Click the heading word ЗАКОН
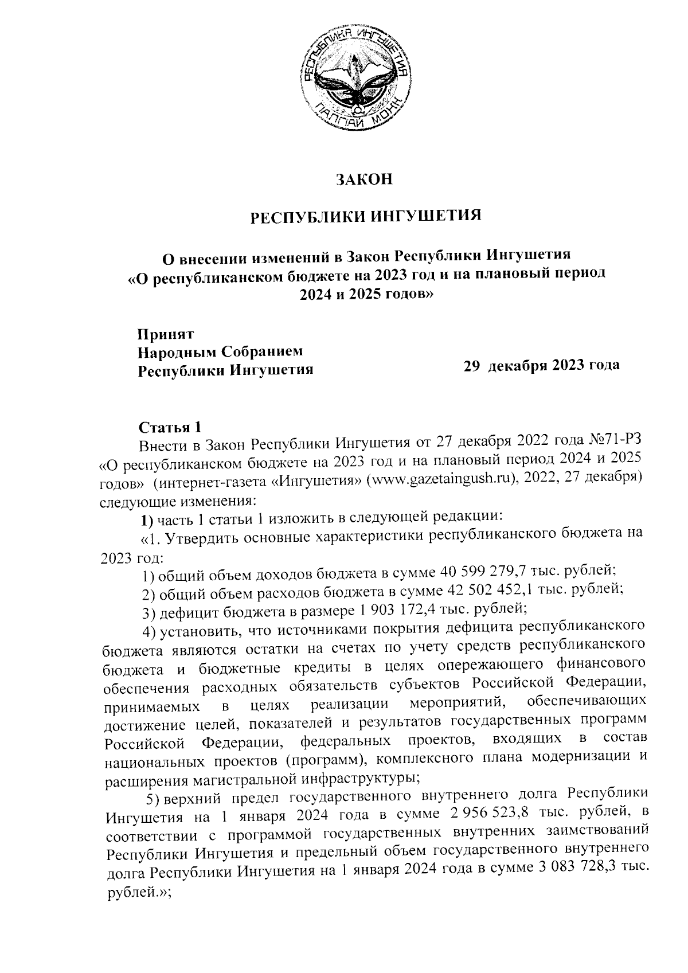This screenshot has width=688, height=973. pyautogui.click(x=365, y=179)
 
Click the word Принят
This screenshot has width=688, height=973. pyautogui.click(x=166, y=334)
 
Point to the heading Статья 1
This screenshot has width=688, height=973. pyautogui.click(x=170, y=428)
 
